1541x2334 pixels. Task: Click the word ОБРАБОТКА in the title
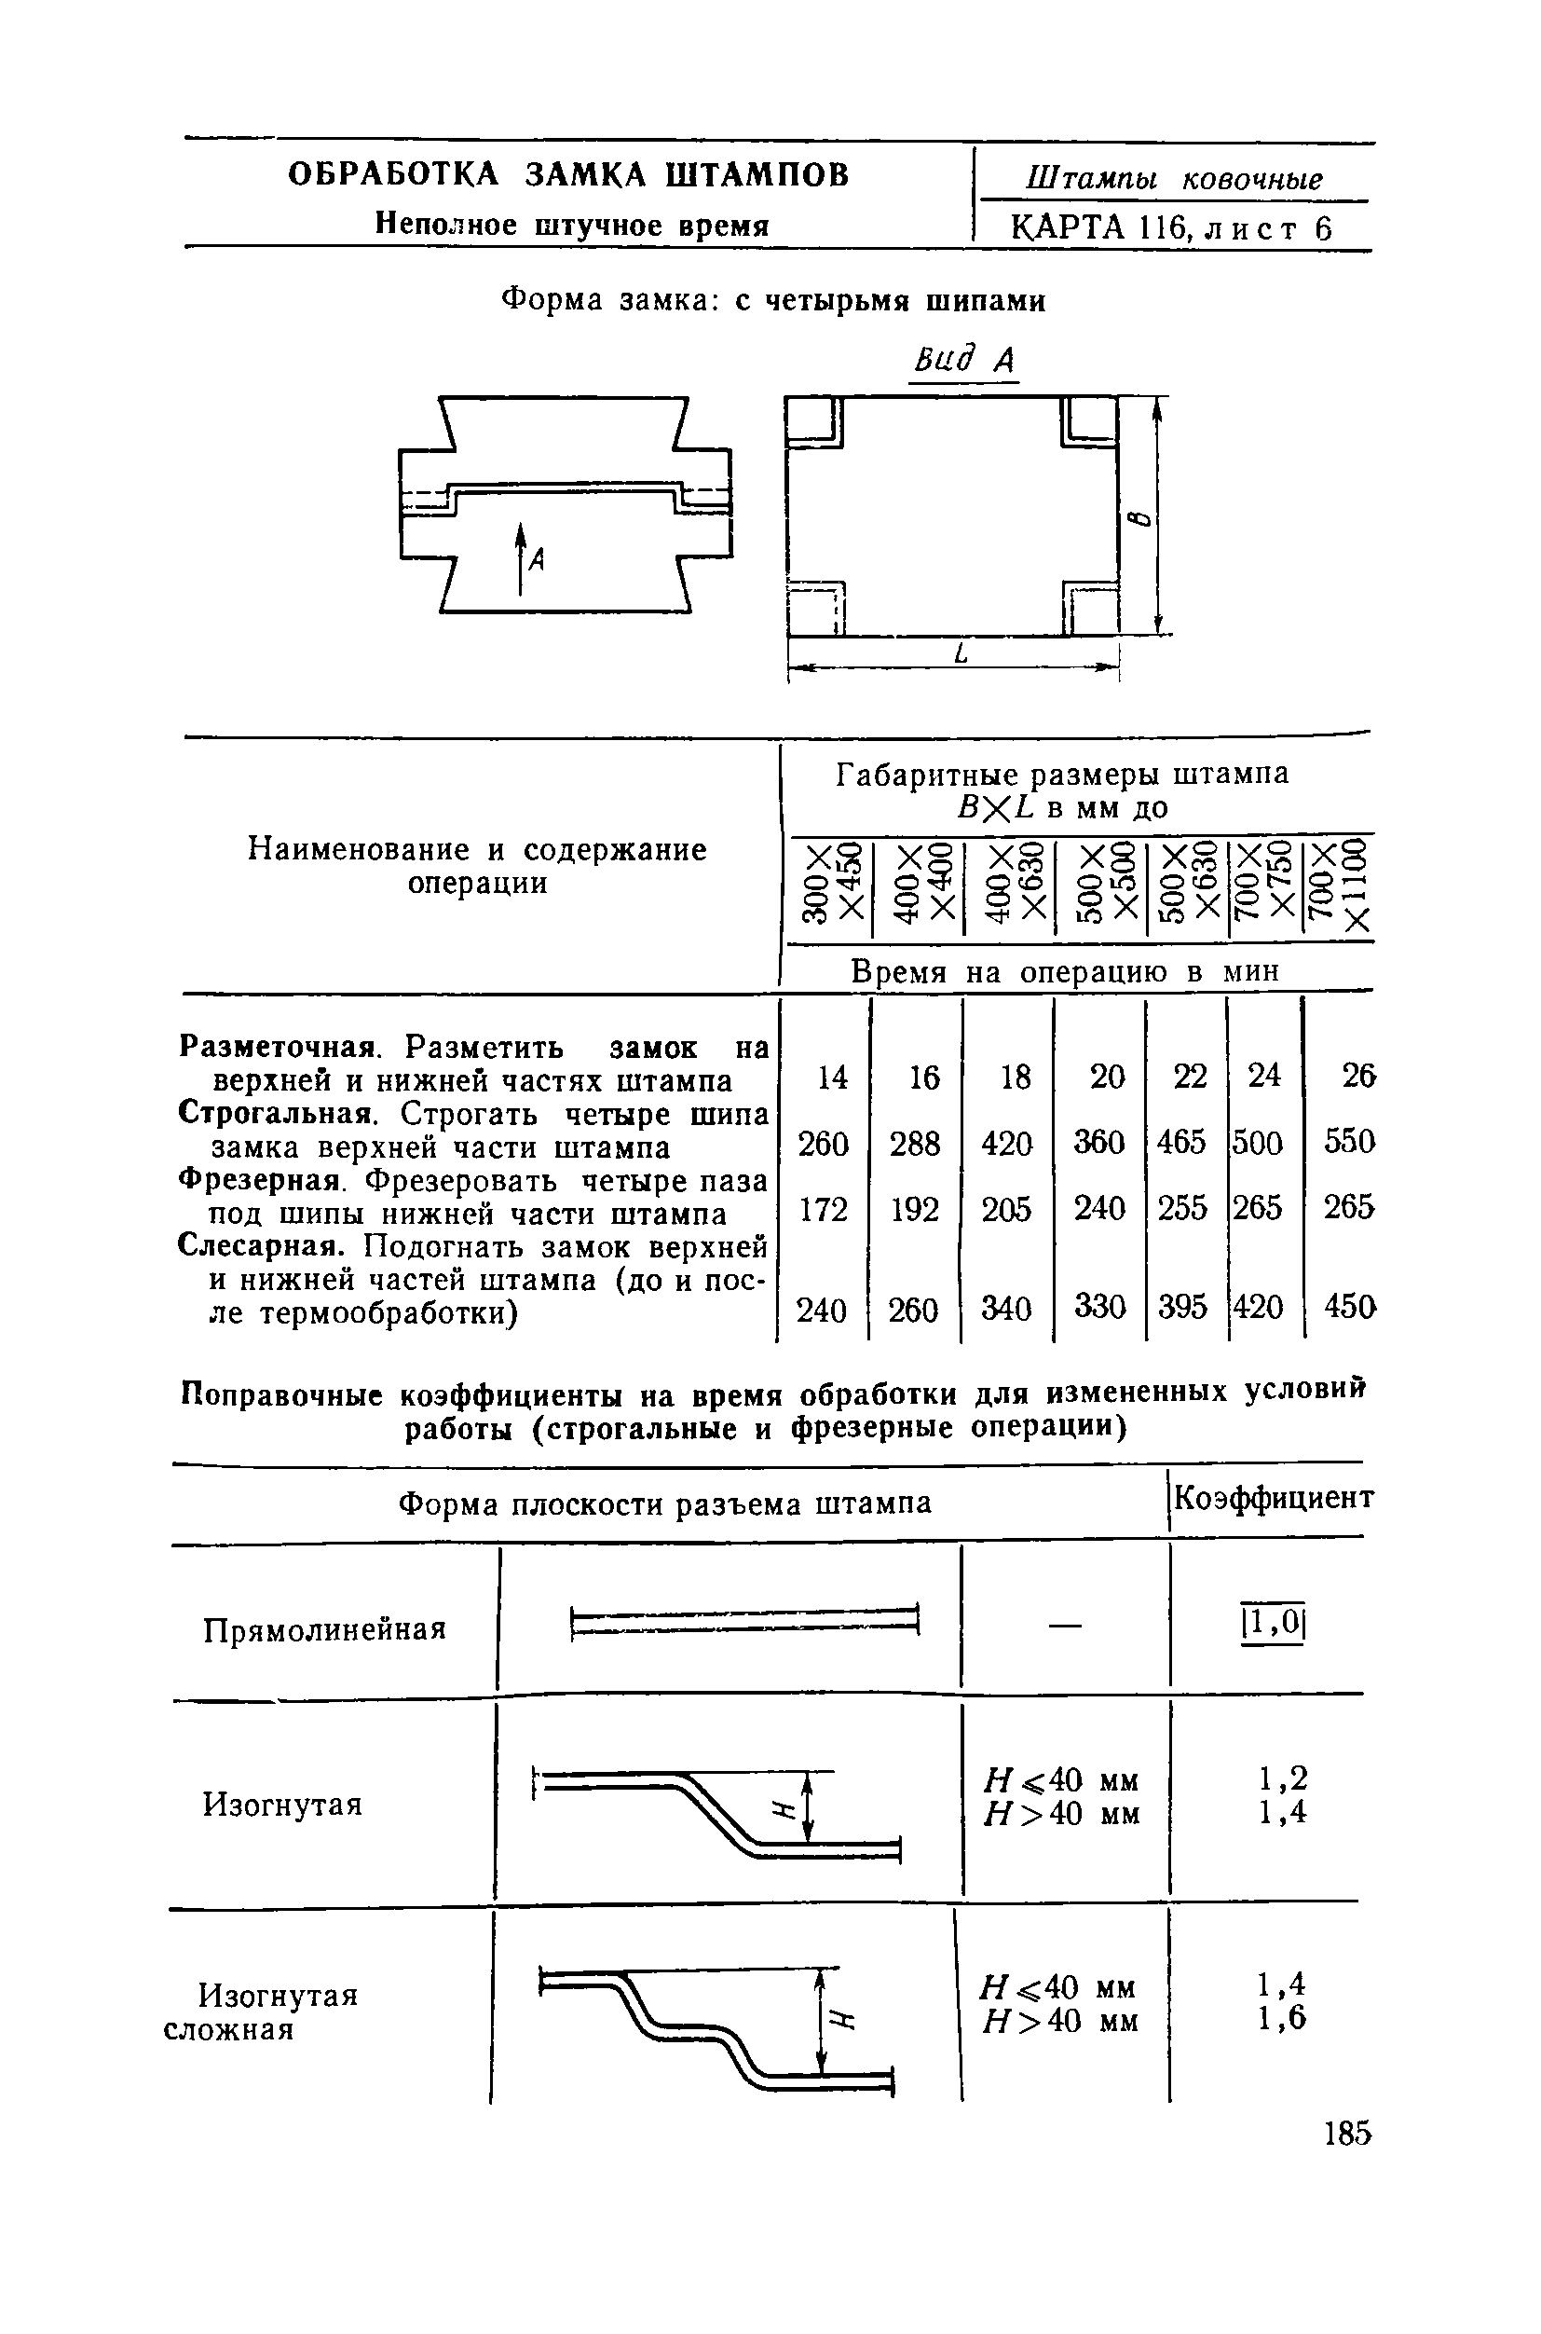393,175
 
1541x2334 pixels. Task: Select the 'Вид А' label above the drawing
963,361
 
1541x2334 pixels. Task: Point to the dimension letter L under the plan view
961,652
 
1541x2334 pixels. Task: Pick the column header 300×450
830,882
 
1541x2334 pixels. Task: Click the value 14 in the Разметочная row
831,1078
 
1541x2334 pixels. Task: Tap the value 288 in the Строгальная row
915,1144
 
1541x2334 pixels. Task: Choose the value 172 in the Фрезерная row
823,1208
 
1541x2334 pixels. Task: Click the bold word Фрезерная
258,1180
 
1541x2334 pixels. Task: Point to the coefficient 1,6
1283,2019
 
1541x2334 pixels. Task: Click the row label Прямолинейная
324,1630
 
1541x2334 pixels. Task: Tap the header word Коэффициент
1274,1498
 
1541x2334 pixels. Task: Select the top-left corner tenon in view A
813,421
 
